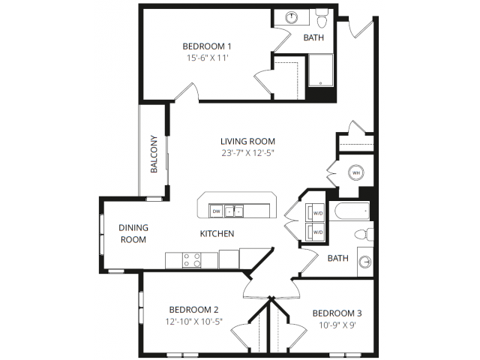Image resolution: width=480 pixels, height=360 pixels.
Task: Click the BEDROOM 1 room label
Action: (207, 46)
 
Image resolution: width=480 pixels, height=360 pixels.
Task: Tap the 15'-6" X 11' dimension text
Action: (208, 58)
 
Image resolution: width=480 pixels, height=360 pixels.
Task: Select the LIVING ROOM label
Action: (248, 141)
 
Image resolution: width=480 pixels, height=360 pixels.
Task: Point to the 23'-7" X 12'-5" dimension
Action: (247, 153)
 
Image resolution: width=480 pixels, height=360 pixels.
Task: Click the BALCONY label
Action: (154, 154)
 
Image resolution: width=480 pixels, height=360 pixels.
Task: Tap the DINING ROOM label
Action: (133, 233)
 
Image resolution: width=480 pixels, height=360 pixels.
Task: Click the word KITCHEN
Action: (217, 233)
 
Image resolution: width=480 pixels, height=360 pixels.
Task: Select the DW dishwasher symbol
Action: (217, 211)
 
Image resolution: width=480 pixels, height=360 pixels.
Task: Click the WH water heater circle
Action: (356, 173)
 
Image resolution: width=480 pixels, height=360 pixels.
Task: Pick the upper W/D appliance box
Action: (315, 212)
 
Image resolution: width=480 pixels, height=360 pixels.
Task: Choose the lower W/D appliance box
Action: (315, 232)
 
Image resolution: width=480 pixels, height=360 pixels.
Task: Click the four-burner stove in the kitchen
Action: (192, 260)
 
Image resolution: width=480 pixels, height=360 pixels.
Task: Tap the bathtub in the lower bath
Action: (352, 211)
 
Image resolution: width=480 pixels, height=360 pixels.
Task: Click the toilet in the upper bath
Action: (322, 18)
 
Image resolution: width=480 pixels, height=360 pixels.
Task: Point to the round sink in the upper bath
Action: (292, 17)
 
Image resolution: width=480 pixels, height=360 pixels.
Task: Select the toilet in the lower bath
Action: (364, 235)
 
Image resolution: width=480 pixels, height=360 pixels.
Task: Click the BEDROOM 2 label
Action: (193, 310)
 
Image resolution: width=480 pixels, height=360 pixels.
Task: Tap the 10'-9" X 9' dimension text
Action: (337, 325)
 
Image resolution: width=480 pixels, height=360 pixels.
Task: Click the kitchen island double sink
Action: (234, 211)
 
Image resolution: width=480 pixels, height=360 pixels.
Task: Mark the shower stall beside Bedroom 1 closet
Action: (320, 70)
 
